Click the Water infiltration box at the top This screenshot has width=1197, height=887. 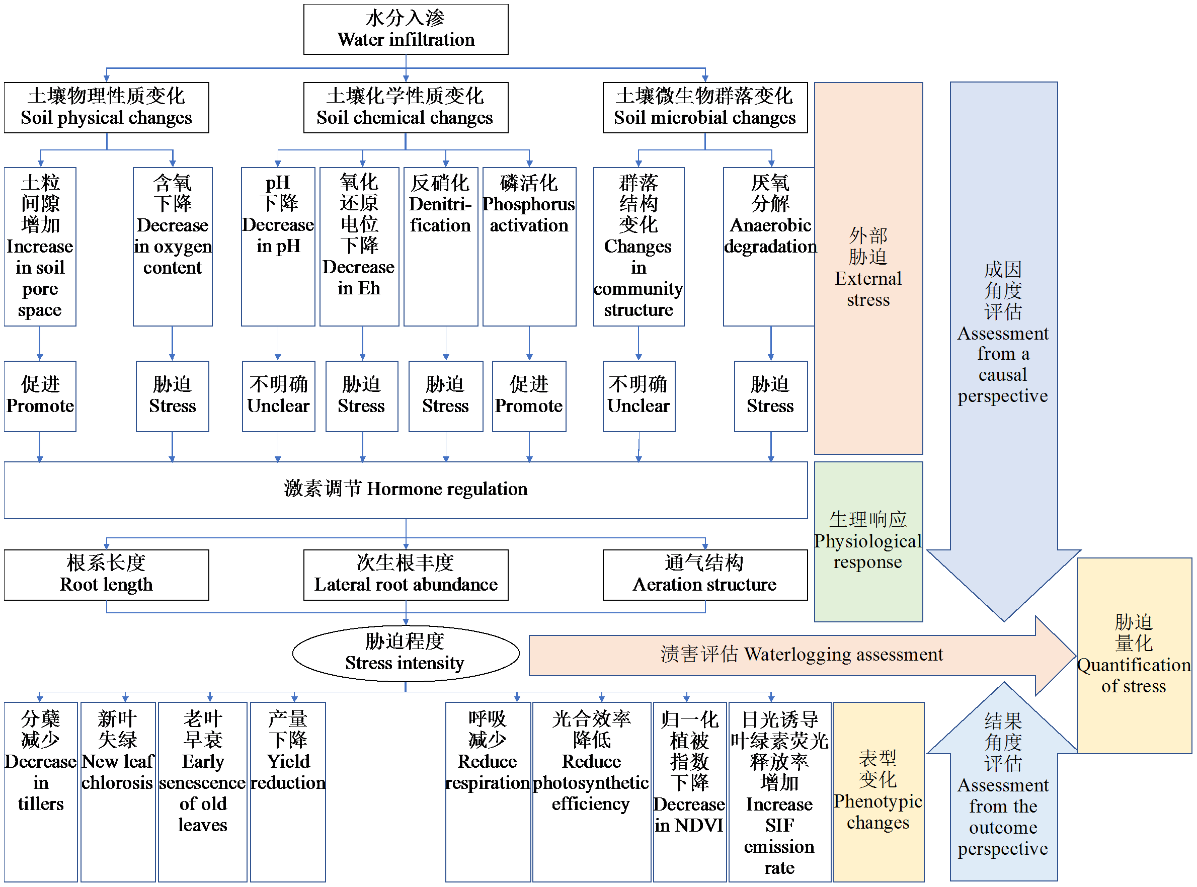406,30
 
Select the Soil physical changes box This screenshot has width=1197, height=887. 106,107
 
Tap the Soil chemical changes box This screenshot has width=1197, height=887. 406,107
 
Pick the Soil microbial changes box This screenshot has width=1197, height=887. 704,107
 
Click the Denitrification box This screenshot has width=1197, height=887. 440,247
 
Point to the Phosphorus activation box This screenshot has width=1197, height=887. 529,247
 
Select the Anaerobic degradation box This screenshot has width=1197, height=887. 769,247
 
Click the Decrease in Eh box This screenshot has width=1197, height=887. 359,247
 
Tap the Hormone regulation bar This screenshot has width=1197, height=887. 406,490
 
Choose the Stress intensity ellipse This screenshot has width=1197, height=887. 406,653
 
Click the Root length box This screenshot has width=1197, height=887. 106,575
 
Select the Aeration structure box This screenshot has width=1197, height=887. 704,575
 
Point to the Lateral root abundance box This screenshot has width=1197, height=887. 406,575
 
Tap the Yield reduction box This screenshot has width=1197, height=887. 288,791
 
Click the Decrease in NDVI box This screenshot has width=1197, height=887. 689,791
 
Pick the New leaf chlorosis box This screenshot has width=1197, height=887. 118,791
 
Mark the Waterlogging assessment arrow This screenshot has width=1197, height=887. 800,655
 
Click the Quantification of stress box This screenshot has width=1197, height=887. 1134,655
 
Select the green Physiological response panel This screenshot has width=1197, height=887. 868,541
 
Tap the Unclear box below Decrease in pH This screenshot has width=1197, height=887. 278,396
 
